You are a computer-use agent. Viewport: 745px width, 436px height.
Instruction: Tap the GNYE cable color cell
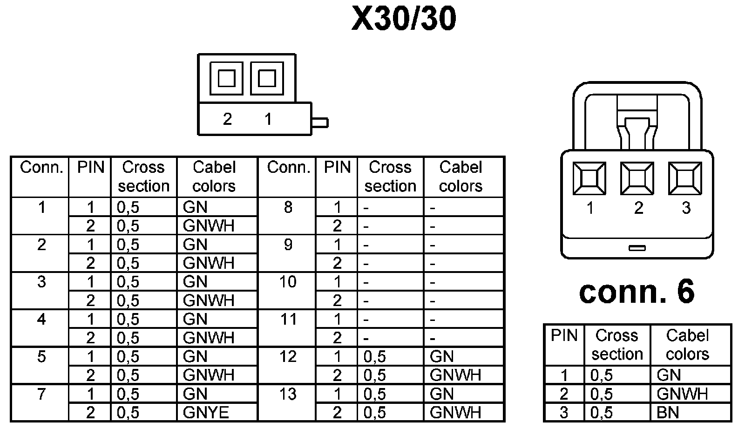point(206,413)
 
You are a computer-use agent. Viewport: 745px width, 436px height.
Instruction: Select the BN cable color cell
point(668,413)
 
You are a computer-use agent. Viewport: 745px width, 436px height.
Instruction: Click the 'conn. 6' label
point(637,292)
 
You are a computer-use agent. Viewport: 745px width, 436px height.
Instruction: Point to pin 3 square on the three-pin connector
point(685,178)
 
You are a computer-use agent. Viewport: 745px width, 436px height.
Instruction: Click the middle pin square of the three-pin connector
point(637,178)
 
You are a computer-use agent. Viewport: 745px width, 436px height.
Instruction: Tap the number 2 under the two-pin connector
point(227,119)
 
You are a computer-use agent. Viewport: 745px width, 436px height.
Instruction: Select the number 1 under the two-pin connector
point(268,119)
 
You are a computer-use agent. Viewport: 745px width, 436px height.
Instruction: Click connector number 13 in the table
point(288,395)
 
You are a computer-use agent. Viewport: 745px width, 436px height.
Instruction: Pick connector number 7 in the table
point(41,395)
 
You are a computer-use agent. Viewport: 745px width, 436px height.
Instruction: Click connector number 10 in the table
point(288,282)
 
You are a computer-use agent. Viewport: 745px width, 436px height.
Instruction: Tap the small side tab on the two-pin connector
point(320,123)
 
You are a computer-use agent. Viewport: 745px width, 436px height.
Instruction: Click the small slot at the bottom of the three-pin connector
point(637,248)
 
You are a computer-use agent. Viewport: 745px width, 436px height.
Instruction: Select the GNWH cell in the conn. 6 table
point(682,394)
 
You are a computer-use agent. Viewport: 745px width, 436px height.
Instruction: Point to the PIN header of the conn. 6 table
point(564,336)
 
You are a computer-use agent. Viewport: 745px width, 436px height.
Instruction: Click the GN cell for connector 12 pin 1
point(441,357)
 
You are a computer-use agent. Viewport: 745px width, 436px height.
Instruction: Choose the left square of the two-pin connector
point(226,78)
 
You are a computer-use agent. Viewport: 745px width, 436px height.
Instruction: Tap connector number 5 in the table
point(41,357)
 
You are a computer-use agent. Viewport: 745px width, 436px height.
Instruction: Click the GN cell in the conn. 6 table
point(669,375)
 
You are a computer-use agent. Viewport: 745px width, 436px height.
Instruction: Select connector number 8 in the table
point(288,207)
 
